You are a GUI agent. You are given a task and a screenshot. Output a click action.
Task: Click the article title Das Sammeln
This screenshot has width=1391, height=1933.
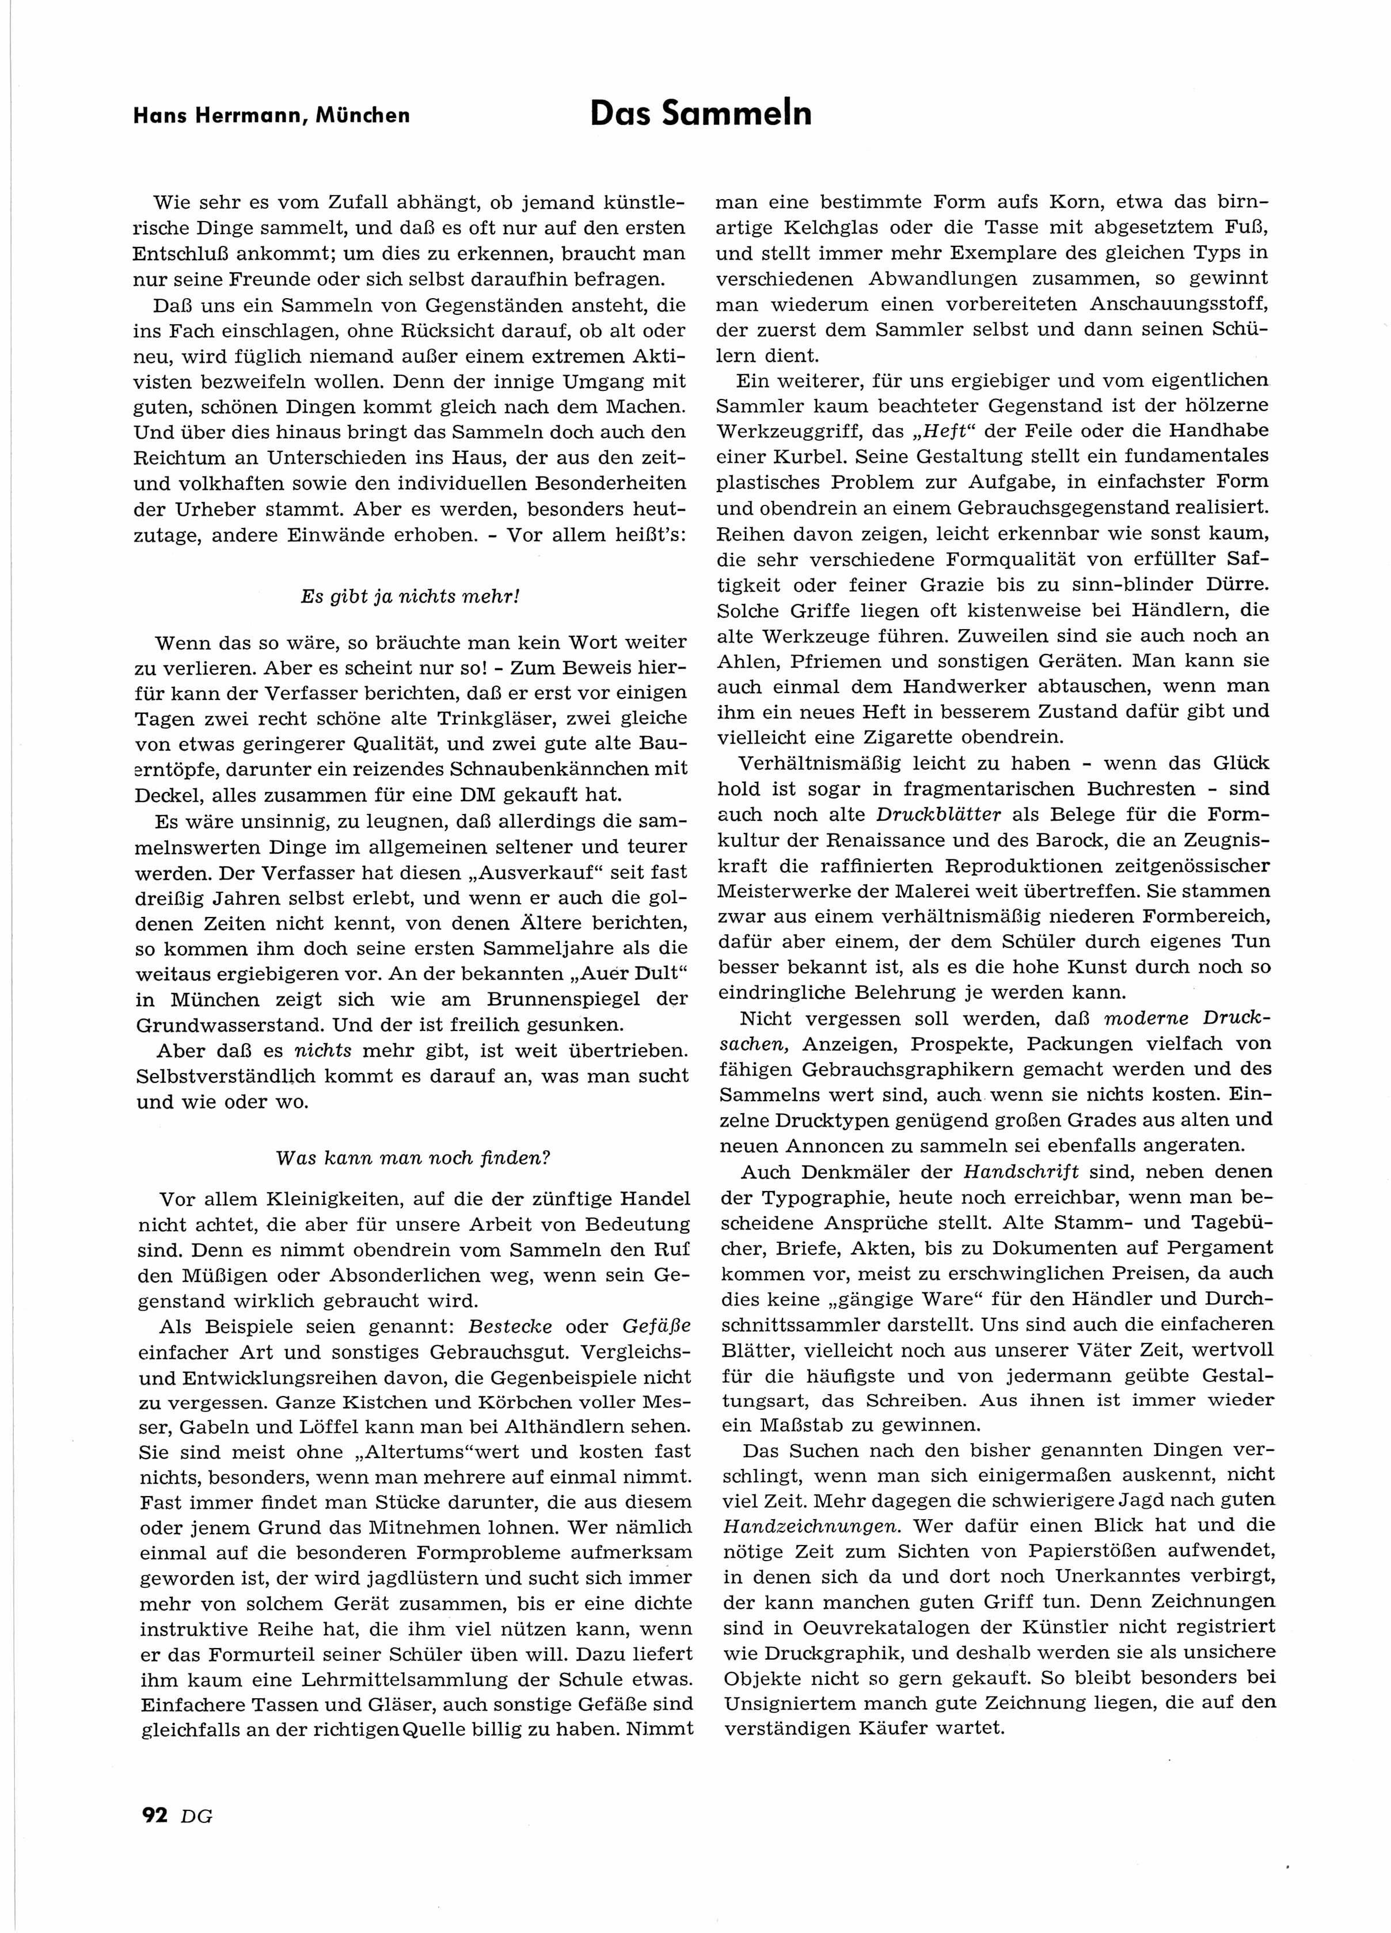point(701,113)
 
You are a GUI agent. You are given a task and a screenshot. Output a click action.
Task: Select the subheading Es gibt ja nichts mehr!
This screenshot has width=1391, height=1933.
point(410,596)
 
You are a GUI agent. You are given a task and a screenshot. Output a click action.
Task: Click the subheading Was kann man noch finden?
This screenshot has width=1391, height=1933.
point(413,1158)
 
